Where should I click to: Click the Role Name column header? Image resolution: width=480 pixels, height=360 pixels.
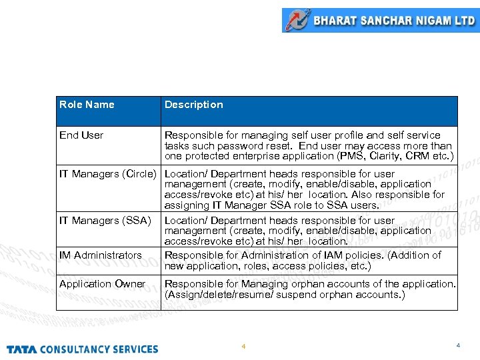click(x=87, y=105)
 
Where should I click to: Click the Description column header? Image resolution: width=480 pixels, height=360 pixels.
click(x=193, y=105)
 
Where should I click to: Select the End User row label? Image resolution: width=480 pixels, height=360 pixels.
click(x=81, y=135)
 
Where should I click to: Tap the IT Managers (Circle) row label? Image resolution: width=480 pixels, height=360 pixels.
click(x=108, y=174)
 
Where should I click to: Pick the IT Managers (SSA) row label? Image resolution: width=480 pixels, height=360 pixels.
click(x=105, y=221)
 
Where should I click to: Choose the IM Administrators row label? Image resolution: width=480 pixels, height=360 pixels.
click(x=100, y=255)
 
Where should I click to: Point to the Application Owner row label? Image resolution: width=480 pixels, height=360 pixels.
click(x=102, y=284)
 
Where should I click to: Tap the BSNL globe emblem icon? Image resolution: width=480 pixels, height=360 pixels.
click(x=297, y=20)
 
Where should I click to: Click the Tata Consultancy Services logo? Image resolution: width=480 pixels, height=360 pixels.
click(x=83, y=349)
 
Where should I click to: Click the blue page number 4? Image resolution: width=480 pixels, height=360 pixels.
click(x=457, y=345)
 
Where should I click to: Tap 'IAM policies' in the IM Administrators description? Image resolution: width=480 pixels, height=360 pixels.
click(x=357, y=255)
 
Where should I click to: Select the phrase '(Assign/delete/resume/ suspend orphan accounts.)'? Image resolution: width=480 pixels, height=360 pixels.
click(x=285, y=295)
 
